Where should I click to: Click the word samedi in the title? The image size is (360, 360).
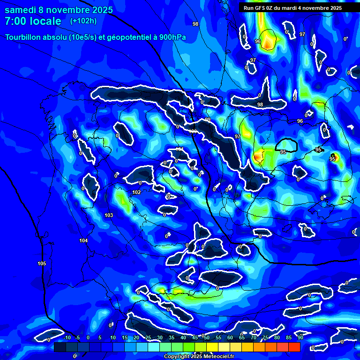[22, 10]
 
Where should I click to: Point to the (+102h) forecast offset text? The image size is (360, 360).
[83, 21]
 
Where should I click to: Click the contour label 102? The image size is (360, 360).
[136, 192]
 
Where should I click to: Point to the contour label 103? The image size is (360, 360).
[109, 215]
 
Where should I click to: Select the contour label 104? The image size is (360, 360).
[83, 240]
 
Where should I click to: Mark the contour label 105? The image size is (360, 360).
[42, 263]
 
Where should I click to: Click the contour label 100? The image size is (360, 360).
[193, 131]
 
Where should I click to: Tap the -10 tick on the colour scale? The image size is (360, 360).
[67, 338]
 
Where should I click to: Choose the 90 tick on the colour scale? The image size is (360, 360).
[300, 338]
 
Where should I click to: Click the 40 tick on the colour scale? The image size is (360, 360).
[183, 338]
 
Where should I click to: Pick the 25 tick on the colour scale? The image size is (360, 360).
[148, 338]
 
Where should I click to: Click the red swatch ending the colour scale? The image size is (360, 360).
[294, 347]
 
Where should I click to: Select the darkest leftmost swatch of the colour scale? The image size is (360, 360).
[60, 347]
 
